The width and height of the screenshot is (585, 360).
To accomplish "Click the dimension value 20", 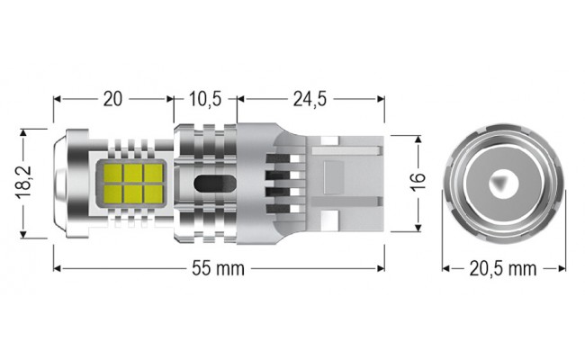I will (x=112, y=99).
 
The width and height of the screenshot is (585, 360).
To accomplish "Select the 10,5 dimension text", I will (x=205, y=99).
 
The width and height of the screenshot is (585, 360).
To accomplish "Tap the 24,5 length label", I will (x=310, y=99).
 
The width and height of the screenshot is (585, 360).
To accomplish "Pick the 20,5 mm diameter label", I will (x=502, y=268).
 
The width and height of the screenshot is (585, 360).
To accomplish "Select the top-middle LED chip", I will (x=134, y=170).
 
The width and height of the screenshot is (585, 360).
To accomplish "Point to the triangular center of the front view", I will (x=500, y=184).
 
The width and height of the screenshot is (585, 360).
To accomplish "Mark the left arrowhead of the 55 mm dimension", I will (x=58, y=268).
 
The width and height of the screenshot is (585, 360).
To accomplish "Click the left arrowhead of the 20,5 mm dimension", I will (x=445, y=268).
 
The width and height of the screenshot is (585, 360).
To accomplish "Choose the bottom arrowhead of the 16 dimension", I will (x=417, y=229).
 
